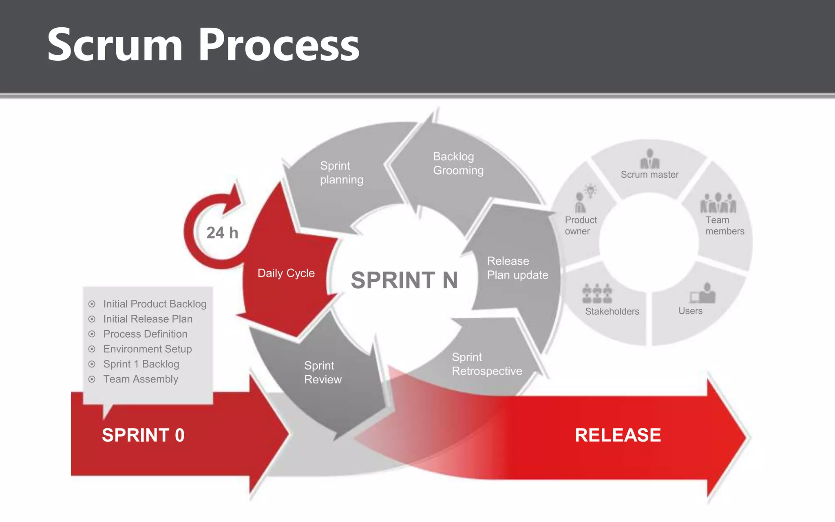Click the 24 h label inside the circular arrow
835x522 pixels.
tap(222, 233)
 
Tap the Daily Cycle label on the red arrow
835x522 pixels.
tap(286, 273)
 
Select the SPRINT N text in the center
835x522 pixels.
tap(404, 280)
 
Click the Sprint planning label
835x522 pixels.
tap(341, 173)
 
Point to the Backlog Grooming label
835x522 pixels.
tap(458, 163)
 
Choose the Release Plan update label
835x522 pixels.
tap(517, 268)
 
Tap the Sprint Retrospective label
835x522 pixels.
tap(486, 364)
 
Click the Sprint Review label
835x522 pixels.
tap(323, 372)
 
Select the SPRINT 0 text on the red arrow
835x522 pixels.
tap(143, 435)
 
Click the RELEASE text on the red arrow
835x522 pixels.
tap(617, 435)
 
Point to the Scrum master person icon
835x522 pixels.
tap(649, 159)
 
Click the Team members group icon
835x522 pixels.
tap(718, 203)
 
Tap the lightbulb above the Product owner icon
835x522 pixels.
tap(590, 190)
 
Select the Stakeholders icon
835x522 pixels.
tap(597, 294)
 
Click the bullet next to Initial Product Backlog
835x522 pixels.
tap(92, 304)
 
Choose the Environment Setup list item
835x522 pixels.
tap(147, 349)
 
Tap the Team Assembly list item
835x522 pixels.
tap(140, 379)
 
